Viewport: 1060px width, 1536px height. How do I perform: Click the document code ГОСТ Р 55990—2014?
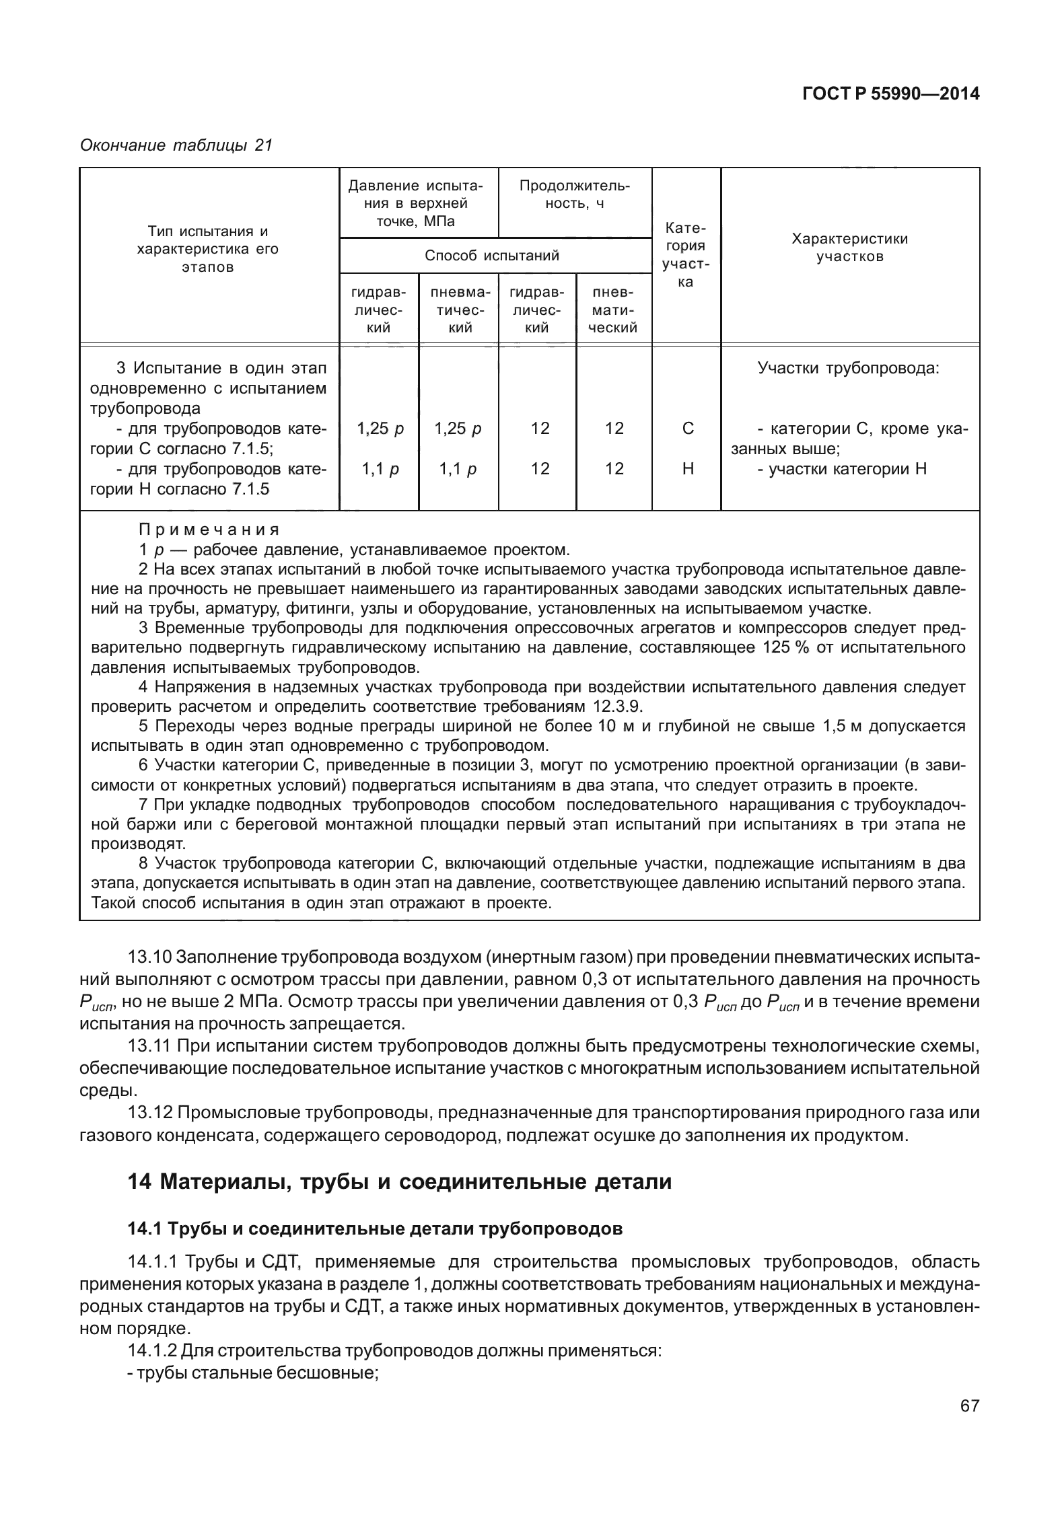click(x=891, y=95)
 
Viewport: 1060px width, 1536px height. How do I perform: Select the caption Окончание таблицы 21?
click(x=176, y=145)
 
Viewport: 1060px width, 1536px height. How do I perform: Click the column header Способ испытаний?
click(x=492, y=256)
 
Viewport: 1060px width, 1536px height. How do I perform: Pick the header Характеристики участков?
click(x=849, y=248)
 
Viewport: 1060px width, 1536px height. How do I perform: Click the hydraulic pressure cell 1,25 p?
click(x=380, y=429)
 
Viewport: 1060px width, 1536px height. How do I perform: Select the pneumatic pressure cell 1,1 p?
click(x=458, y=469)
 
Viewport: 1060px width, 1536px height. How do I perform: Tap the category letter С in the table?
click(x=687, y=429)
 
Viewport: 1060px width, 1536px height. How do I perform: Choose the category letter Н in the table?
click(x=687, y=469)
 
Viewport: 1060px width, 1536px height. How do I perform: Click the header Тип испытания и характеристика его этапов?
click(x=208, y=249)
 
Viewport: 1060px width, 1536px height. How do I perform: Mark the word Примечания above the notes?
click(x=209, y=529)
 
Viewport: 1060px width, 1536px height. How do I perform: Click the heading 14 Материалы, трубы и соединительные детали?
click(x=399, y=1181)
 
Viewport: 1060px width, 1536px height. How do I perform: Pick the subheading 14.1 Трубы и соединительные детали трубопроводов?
click(x=375, y=1229)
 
